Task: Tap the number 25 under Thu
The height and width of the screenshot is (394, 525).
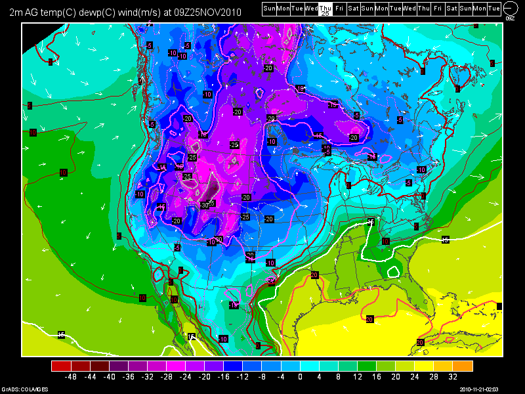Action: [325, 12]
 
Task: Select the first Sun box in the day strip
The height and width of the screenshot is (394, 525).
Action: [268, 8]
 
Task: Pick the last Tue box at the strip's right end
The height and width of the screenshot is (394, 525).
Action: [494, 8]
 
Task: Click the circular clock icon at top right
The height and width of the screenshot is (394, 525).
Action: [510, 8]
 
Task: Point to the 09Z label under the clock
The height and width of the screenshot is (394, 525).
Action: [510, 18]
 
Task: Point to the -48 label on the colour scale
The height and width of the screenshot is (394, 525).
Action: [72, 378]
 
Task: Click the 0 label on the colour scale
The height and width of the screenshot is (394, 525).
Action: [300, 378]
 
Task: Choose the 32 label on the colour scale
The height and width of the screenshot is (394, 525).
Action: [452, 378]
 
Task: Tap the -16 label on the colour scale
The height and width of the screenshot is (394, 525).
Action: [224, 378]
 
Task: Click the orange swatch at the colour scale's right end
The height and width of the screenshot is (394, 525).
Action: [463, 366]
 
